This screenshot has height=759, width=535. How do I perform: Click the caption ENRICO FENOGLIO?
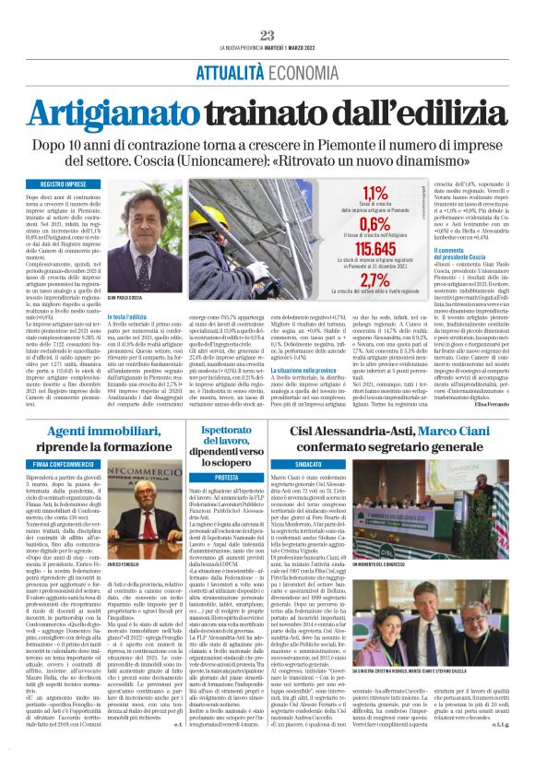(151, 587)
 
